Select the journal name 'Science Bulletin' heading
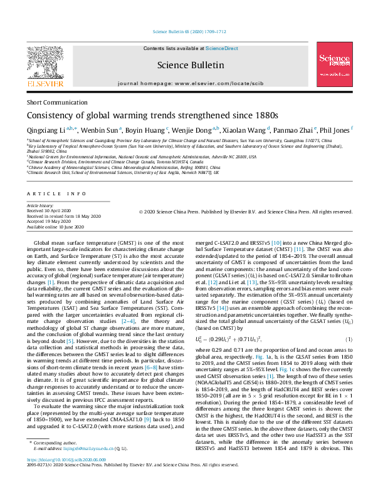(186, 64)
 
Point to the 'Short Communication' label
(54, 102)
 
